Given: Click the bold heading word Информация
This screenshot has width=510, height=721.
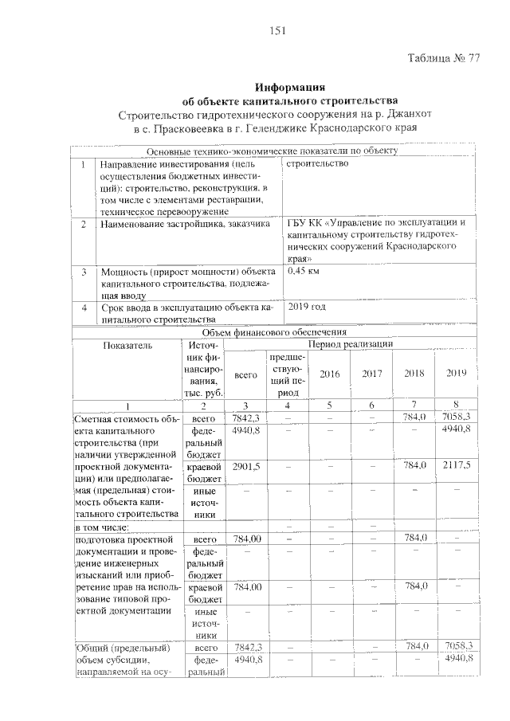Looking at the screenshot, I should coord(291,87).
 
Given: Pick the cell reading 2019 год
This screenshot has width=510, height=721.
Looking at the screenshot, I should coord(306,306).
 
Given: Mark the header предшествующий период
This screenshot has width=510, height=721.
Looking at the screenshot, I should coord(285,374).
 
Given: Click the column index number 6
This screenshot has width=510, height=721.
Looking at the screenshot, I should coord(371,406).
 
